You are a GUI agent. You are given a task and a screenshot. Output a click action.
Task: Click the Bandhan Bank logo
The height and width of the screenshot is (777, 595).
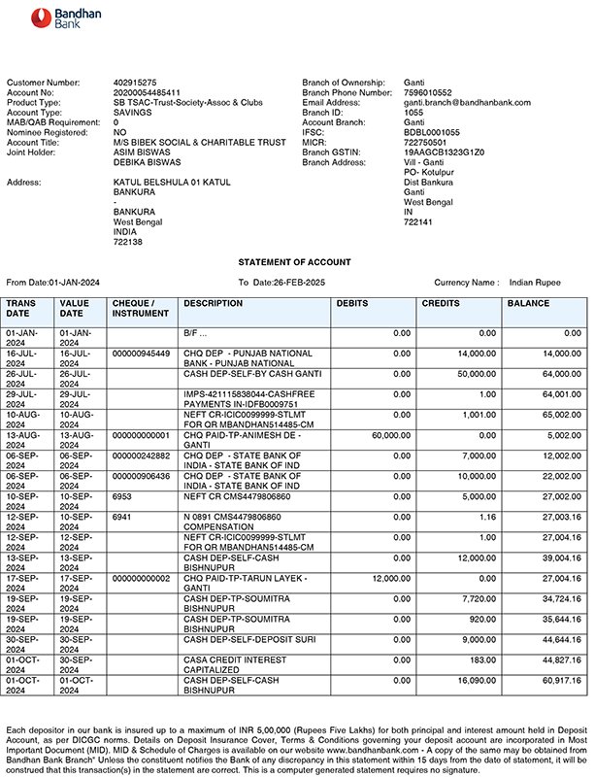(54, 18)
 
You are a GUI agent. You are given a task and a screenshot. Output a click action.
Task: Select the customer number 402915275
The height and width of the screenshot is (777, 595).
(136, 84)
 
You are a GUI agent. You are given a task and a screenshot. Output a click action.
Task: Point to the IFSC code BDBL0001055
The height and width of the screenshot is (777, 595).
(431, 133)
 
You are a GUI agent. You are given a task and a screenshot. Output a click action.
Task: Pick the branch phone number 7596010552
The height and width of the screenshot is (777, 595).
(428, 93)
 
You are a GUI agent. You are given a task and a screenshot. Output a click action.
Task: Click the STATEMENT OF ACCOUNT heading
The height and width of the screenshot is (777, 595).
(295, 262)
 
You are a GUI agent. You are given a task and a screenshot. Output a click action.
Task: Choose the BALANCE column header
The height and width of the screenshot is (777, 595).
(529, 304)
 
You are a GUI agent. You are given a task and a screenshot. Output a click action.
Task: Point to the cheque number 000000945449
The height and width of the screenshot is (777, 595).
(141, 354)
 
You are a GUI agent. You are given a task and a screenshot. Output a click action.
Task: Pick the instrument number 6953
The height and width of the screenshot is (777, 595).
(122, 495)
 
